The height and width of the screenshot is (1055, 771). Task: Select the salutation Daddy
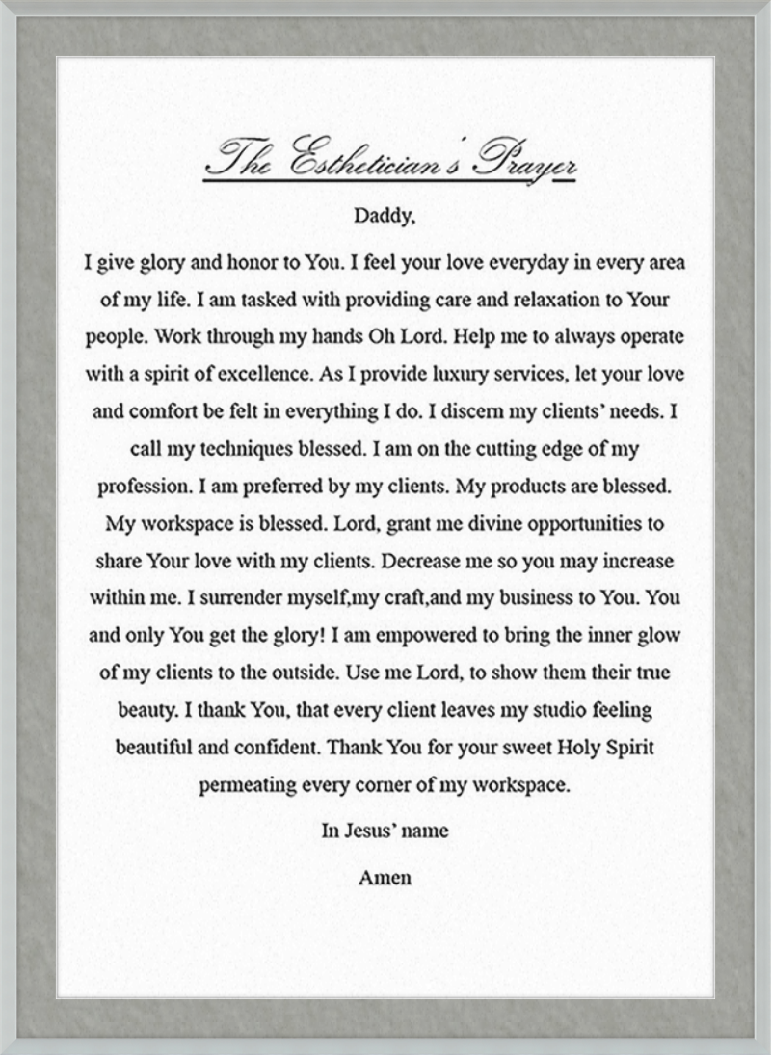(385, 216)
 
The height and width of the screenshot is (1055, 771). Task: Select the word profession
(140, 487)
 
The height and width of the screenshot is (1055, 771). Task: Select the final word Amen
(385, 878)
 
